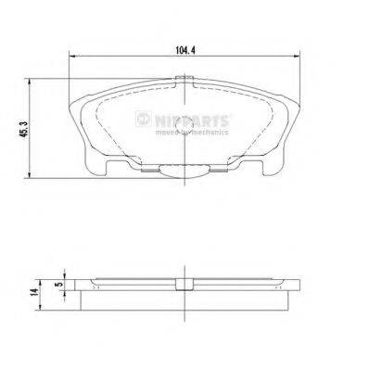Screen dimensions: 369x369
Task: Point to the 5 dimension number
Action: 57,286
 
